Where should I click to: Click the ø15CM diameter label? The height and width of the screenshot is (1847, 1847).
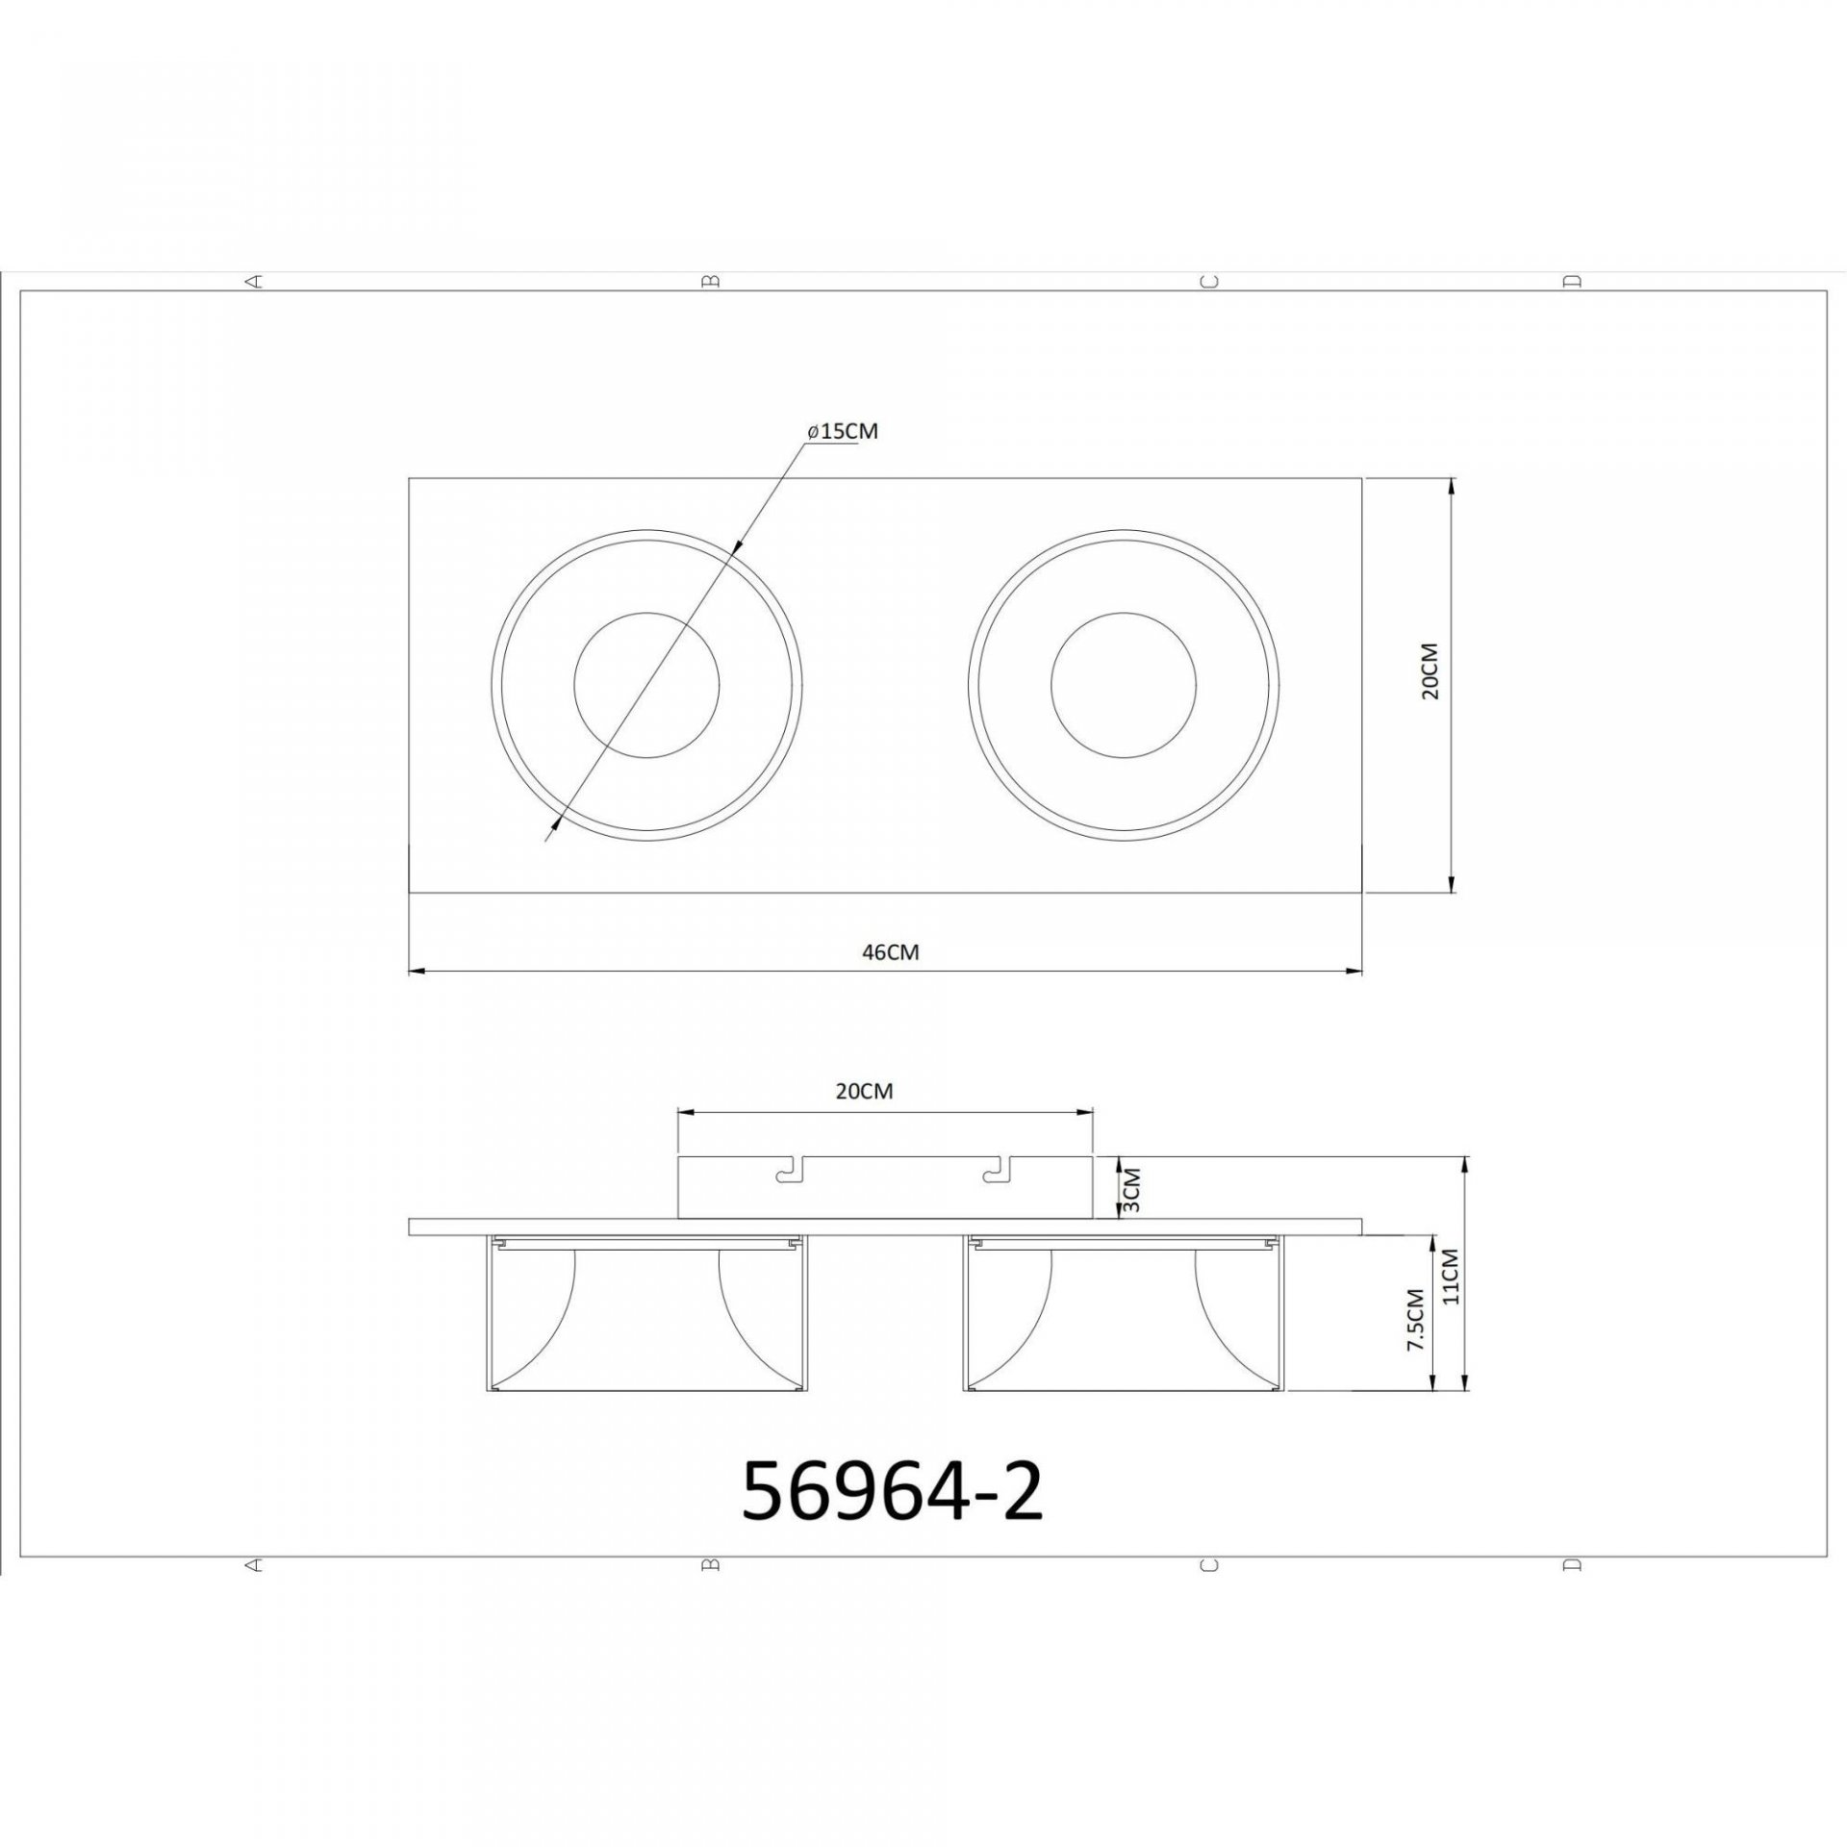point(843,431)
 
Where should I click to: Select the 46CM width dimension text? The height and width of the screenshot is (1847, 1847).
point(890,952)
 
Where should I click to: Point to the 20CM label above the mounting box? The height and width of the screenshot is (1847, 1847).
point(864,1091)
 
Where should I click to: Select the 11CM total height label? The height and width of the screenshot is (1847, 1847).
point(1452,1276)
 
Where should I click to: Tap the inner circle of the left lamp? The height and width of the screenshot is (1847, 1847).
point(646,684)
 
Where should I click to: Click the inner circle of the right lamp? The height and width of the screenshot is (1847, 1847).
point(1124,684)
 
